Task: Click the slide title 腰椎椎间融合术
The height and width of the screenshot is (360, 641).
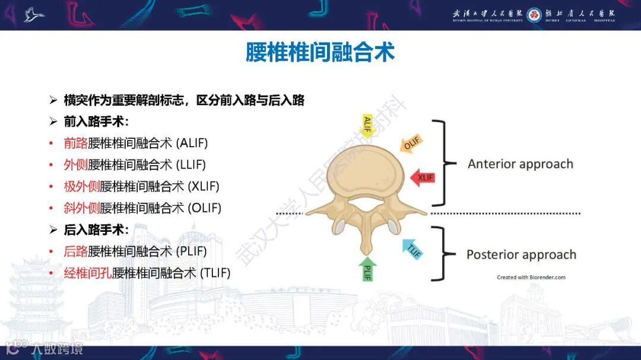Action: point(320,53)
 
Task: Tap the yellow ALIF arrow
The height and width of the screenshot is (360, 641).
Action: point(367,126)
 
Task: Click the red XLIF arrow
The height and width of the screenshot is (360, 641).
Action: point(424,177)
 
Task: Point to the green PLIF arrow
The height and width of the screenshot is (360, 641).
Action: point(368,269)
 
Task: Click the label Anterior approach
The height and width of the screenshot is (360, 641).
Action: point(521,164)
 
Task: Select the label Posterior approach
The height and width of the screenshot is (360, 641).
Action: point(521,254)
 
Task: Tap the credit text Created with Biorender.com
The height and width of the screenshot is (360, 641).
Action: point(531,277)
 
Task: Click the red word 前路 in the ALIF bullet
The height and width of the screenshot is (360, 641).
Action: point(75,143)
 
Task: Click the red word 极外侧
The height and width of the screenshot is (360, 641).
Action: point(82,186)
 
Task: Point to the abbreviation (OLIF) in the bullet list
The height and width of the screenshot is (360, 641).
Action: point(204,208)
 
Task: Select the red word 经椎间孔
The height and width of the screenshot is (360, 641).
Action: point(88,273)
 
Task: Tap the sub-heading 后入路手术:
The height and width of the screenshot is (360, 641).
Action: point(96,230)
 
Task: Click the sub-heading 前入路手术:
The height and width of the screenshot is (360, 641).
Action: point(96,122)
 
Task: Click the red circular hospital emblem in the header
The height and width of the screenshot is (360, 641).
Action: point(534,15)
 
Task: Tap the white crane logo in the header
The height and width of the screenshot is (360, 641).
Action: point(34,15)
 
